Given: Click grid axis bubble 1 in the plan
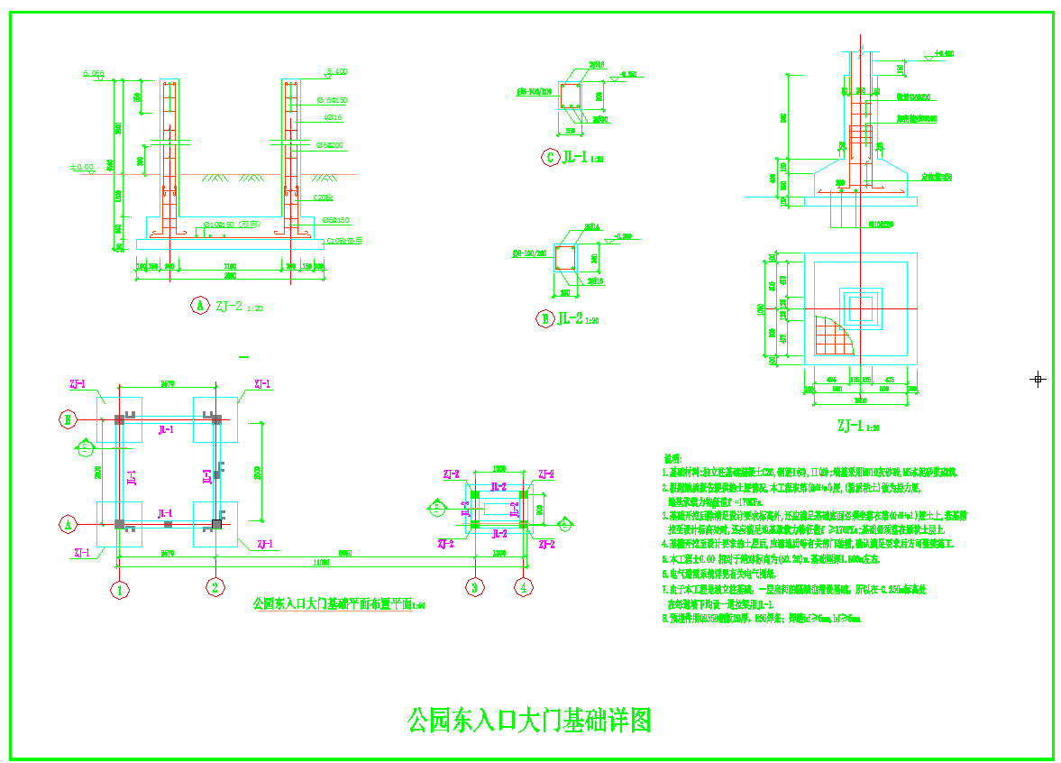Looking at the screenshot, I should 119,590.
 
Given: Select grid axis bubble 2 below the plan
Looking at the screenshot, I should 215,588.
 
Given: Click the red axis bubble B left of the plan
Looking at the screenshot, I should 67,418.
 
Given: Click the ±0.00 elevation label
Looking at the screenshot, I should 82,167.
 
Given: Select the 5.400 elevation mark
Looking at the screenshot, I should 336,71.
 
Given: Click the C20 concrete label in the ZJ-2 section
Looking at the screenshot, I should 322,197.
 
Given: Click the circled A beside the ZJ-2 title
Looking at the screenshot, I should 199,306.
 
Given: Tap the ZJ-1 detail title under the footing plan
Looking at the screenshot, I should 856,426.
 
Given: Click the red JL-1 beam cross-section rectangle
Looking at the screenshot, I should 571,96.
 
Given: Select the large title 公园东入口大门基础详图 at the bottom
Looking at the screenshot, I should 529,720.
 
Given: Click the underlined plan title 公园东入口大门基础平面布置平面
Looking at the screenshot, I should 334,603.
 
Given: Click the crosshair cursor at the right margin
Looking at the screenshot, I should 1038,379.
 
